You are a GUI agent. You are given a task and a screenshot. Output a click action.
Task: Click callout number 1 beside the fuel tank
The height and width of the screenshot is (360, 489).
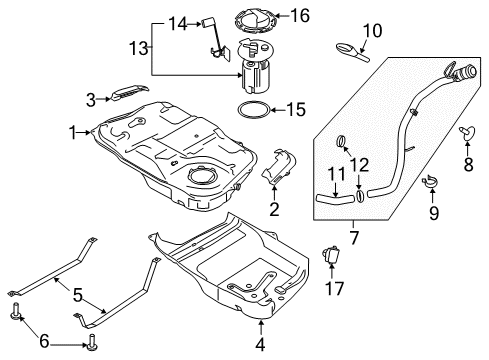(x=72, y=130)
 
